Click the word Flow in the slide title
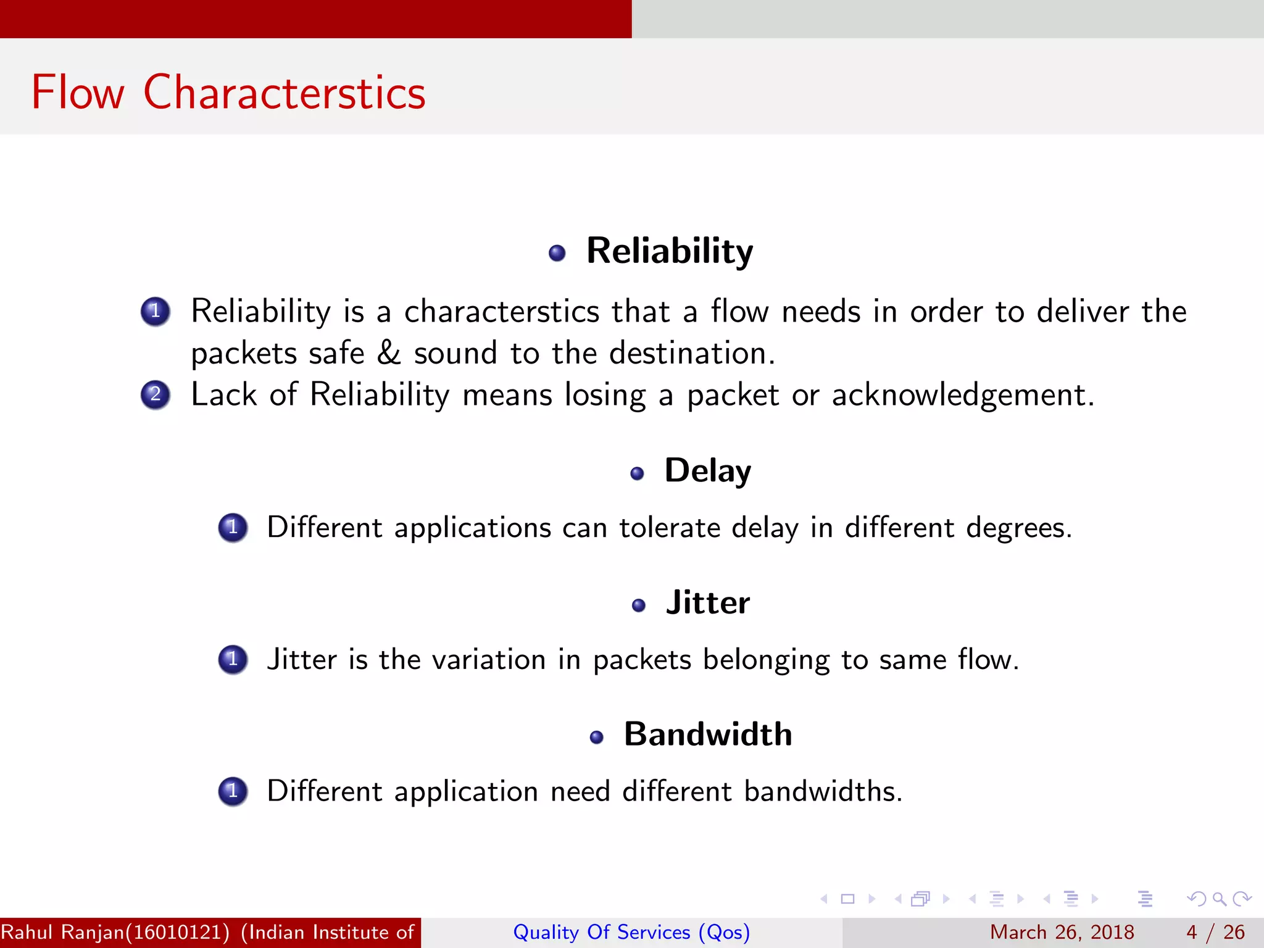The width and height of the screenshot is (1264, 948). click(x=78, y=93)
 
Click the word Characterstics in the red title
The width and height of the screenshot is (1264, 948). click(x=285, y=93)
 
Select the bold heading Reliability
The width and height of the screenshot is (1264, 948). click(x=670, y=251)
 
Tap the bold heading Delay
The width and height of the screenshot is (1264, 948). click(x=707, y=471)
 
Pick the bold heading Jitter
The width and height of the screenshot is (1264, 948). click(x=707, y=602)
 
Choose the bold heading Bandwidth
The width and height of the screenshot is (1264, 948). click(x=707, y=734)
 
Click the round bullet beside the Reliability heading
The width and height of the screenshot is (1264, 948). click(x=557, y=253)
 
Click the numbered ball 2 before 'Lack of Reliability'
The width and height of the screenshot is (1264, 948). click(x=156, y=394)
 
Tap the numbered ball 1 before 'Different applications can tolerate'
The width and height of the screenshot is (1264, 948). click(x=233, y=528)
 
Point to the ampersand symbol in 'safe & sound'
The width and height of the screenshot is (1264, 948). click(x=389, y=353)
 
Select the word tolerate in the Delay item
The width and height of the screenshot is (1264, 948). click(x=670, y=528)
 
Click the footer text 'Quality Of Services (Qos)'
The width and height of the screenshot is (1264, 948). click(x=631, y=932)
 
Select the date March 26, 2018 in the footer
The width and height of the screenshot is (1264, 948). click(x=1062, y=932)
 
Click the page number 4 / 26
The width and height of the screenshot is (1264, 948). click(x=1215, y=932)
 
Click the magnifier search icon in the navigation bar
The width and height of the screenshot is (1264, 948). click(x=1219, y=899)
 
